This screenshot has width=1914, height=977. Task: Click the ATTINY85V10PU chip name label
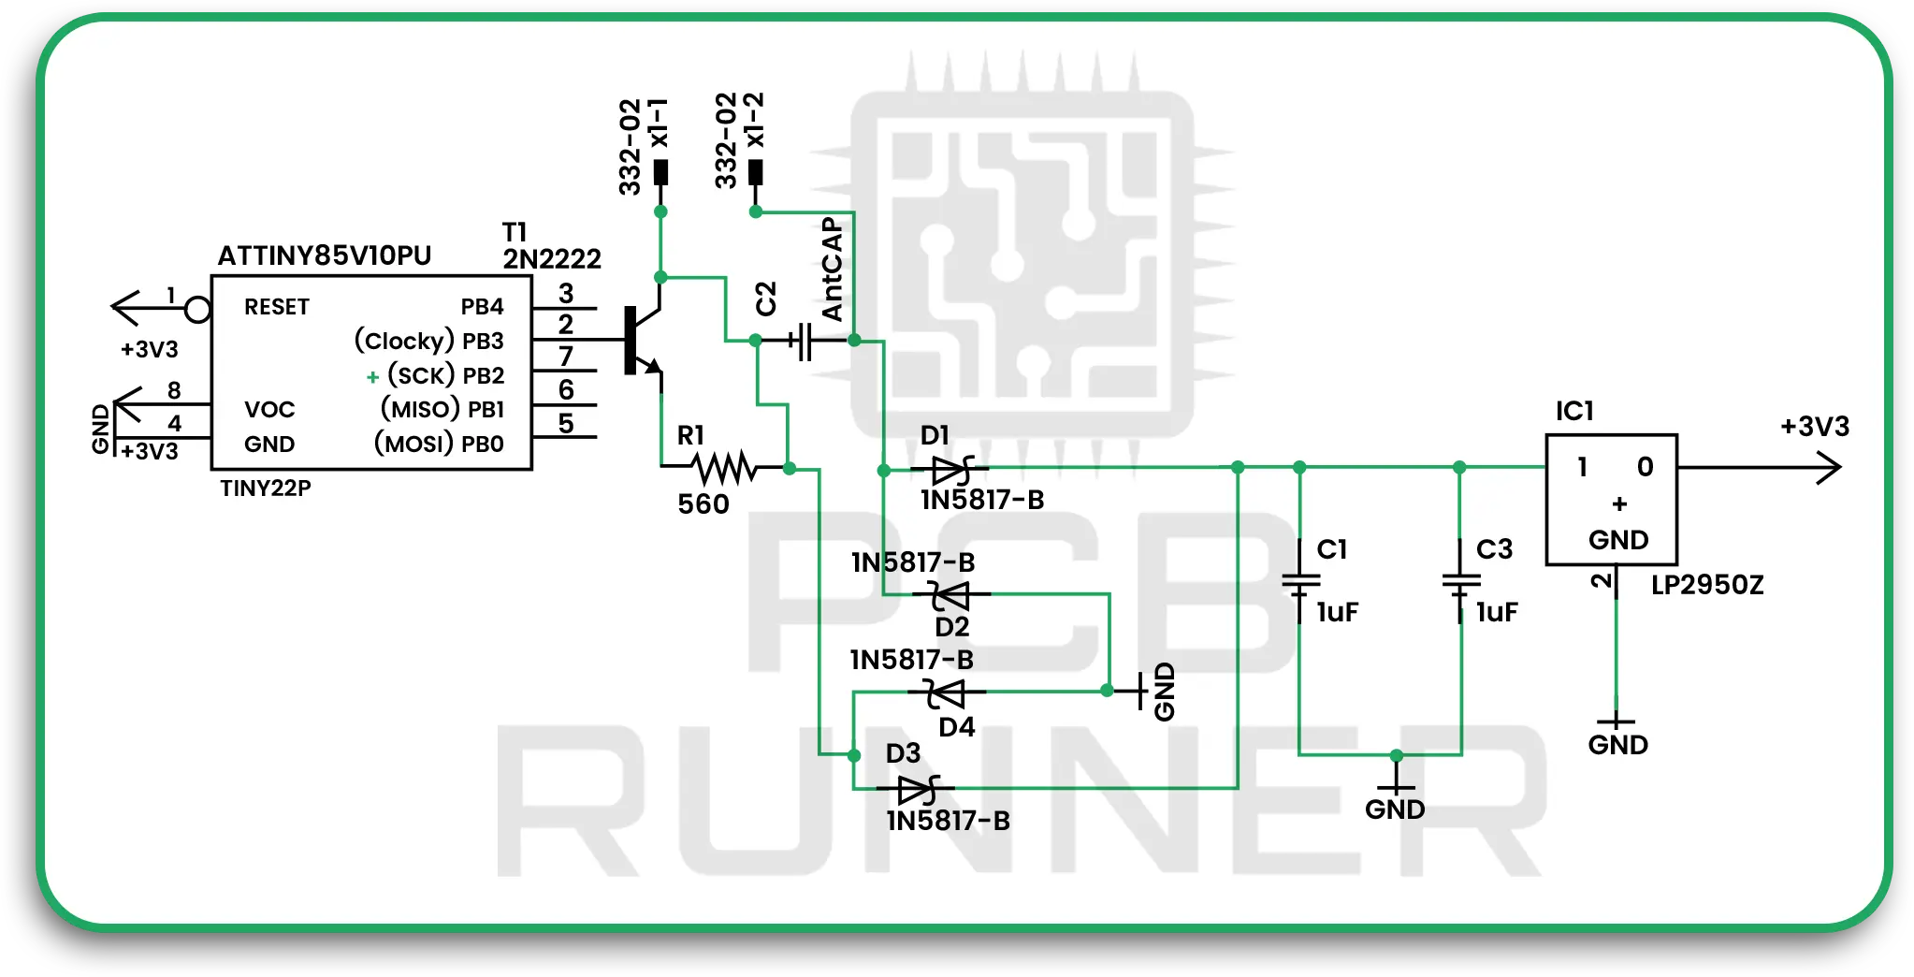click(x=324, y=255)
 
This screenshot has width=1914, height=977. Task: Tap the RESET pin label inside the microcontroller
click(x=276, y=307)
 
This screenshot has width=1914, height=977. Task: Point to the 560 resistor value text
click(x=703, y=504)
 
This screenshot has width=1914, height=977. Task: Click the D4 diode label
click(x=956, y=727)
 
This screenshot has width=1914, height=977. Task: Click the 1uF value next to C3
click(x=1496, y=612)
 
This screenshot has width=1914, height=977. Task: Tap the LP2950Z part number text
click(x=1706, y=585)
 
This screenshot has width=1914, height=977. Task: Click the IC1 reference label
click(x=1573, y=411)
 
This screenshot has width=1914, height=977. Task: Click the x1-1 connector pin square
click(x=660, y=172)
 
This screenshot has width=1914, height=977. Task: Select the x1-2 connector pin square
click(x=756, y=172)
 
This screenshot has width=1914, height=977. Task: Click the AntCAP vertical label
click(x=832, y=270)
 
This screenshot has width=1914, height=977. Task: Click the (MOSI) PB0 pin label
click(x=439, y=443)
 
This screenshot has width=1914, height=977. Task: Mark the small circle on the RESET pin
click(x=197, y=309)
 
